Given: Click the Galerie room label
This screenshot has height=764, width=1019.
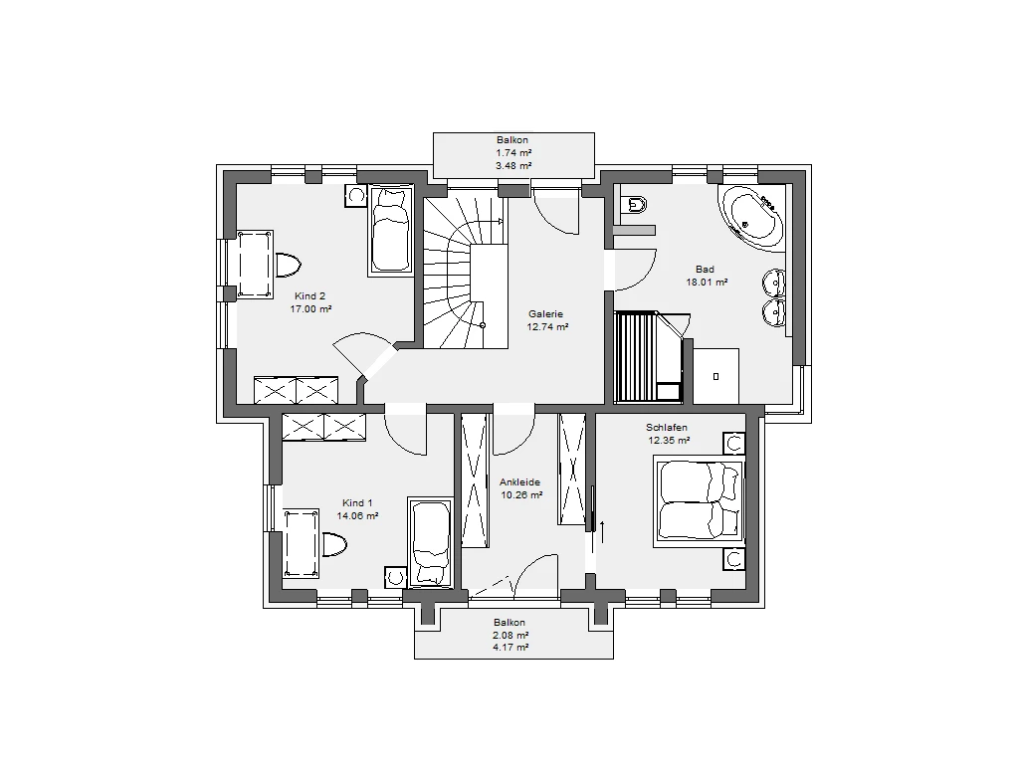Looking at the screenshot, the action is coord(545,313).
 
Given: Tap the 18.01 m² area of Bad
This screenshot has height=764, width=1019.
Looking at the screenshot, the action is coord(707,282).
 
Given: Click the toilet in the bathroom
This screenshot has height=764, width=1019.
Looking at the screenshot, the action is coord(634,205).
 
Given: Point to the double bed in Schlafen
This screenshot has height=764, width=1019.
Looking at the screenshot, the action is coord(699,501).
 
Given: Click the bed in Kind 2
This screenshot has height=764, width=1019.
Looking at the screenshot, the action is coord(390,231).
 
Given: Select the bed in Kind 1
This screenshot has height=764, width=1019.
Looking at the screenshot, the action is coord(430,543).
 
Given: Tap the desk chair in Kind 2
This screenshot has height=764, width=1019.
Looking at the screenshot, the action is coord(288,265).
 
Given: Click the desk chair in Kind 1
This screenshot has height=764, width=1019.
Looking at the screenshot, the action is coord(333,544).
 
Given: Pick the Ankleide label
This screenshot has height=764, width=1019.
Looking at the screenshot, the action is coord(519,482).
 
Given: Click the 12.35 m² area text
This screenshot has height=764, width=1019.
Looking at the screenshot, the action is coord(669,440).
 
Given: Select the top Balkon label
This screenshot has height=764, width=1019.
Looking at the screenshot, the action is coord(512,139).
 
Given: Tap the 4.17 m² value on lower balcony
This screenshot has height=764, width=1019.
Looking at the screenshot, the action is coord(510,648).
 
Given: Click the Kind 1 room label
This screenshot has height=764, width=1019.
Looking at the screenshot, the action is coord(357,502).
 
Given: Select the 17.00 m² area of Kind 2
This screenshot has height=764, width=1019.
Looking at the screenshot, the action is coord(310,309).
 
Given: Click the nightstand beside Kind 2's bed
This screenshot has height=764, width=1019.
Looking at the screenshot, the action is coord(356,196).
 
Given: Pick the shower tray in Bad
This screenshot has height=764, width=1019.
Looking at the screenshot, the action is coord(716,376).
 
